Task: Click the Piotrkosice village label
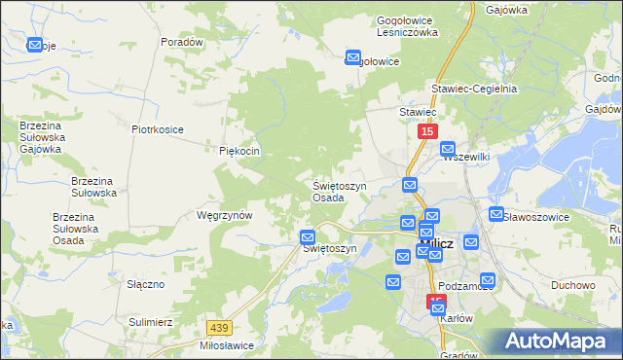[158, 128]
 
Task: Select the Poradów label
[182, 43]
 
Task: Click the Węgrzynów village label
[225, 215]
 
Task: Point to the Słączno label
[145, 284]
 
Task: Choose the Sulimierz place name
[150, 320]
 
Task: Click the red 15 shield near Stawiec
[426, 130]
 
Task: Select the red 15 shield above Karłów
[435, 303]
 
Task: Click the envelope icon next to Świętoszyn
[308, 236]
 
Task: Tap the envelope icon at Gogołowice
[352, 57]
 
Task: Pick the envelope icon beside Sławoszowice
[496, 215]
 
